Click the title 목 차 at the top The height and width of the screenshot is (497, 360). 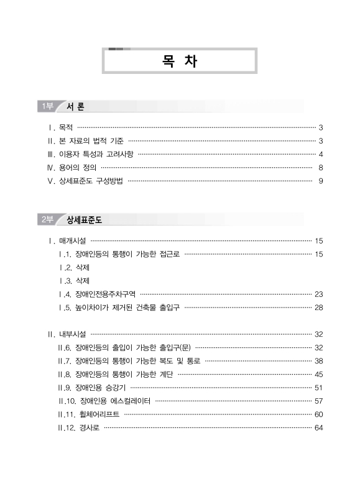(x=179, y=62)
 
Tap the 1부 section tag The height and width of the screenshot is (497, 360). (x=46, y=106)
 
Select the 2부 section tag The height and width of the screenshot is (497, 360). (x=46, y=219)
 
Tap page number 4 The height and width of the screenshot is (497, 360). (x=320, y=154)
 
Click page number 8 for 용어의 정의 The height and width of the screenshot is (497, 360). (x=320, y=168)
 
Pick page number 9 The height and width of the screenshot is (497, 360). (x=320, y=181)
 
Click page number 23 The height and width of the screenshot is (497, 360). (x=318, y=294)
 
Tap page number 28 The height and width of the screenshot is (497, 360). (x=318, y=307)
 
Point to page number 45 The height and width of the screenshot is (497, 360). (x=318, y=374)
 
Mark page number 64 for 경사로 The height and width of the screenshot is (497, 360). (x=318, y=427)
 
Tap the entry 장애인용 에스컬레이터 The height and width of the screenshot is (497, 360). (x=114, y=401)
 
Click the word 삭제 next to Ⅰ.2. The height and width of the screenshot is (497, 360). (x=82, y=267)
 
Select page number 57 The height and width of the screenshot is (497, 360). (x=318, y=401)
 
